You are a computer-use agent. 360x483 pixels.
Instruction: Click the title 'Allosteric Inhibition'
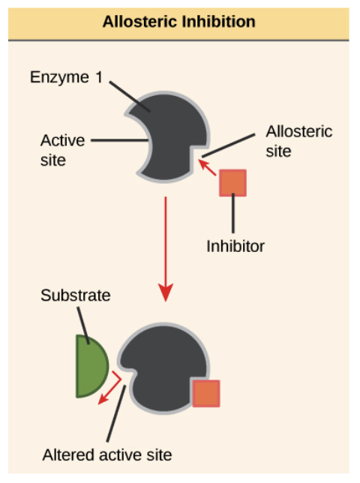[179, 22]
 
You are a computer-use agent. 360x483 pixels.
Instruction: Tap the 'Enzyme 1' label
[66, 77]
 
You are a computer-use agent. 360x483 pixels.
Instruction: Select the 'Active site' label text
[62, 150]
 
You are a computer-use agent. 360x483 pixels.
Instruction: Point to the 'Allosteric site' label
[299, 141]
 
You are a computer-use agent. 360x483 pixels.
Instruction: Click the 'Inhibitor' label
[235, 246]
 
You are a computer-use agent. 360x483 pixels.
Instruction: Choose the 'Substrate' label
[76, 295]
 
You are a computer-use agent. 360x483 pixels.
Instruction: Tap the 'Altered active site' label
[107, 455]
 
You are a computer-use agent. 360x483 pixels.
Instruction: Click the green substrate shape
[91, 366]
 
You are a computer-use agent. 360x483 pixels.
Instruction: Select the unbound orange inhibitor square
[232, 183]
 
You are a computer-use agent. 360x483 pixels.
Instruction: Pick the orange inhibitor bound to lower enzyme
[206, 393]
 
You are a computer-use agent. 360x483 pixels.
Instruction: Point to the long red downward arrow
[166, 249]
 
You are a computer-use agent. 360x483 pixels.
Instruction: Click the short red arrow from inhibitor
[207, 167]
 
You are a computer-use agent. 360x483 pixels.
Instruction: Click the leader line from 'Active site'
[120, 140]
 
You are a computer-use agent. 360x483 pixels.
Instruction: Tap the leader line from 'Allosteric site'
[229, 145]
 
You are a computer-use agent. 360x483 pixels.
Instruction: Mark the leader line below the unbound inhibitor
[233, 213]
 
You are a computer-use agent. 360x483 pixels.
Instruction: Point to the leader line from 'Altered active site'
[116, 413]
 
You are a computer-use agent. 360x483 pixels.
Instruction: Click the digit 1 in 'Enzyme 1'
[99, 77]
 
